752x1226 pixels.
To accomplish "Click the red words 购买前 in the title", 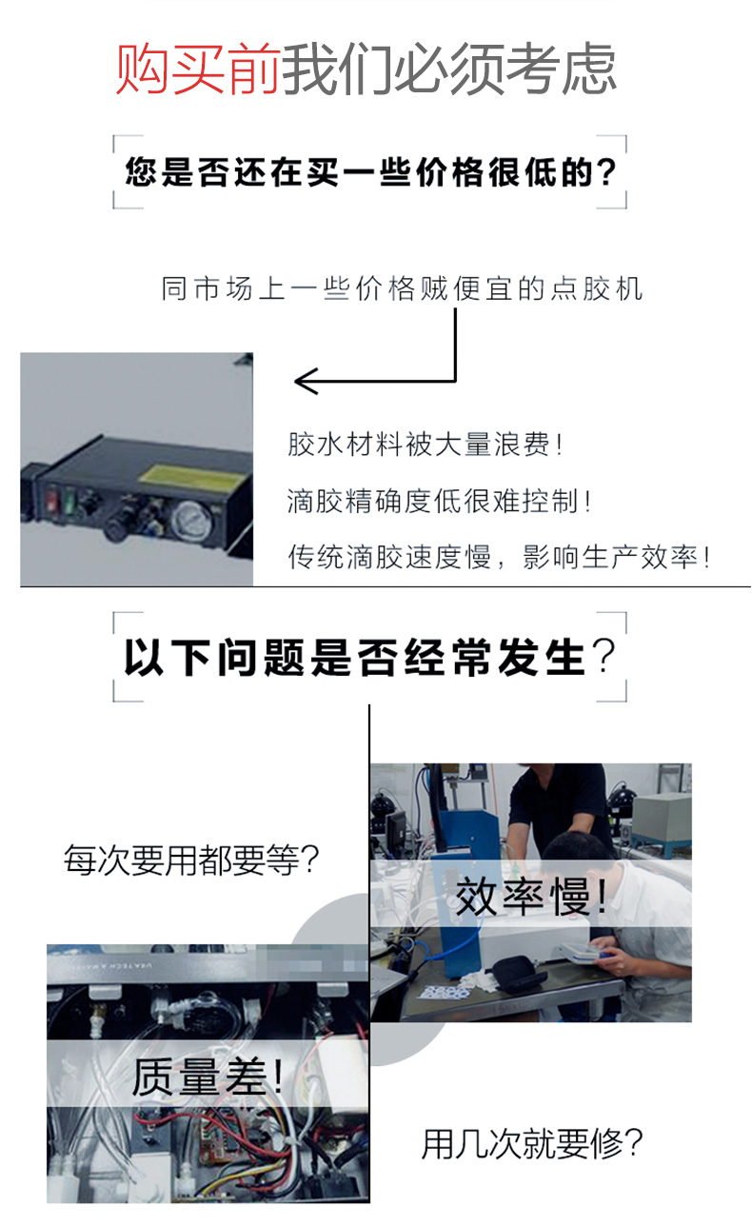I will (x=198, y=69).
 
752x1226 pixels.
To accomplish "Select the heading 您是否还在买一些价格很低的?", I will (x=370, y=172).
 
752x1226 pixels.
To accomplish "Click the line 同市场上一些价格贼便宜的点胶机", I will (x=402, y=288).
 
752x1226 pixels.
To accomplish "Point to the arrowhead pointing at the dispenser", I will (x=303, y=383).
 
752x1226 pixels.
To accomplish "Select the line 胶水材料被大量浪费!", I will (x=425, y=445).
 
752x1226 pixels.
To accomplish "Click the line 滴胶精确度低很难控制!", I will (x=440, y=501).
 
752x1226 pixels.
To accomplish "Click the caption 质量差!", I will (x=208, y=1077).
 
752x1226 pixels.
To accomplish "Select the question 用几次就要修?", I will (x=532, y=1142).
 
